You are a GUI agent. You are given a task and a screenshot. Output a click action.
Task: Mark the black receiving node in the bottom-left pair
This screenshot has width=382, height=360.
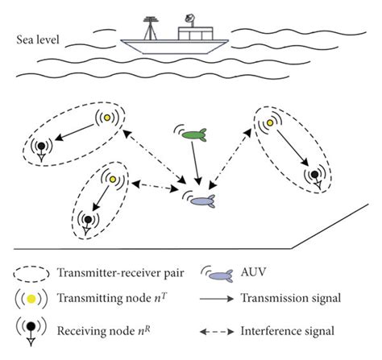point(87,218)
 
